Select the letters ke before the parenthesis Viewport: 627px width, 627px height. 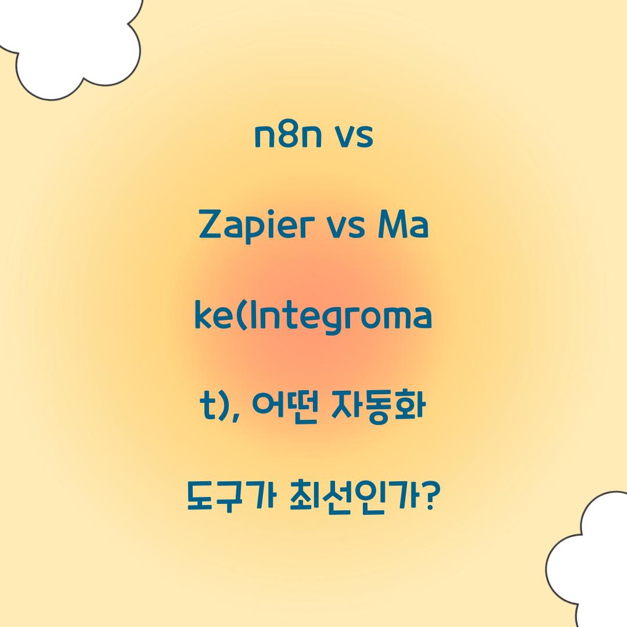212,317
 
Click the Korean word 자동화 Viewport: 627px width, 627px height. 378,408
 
